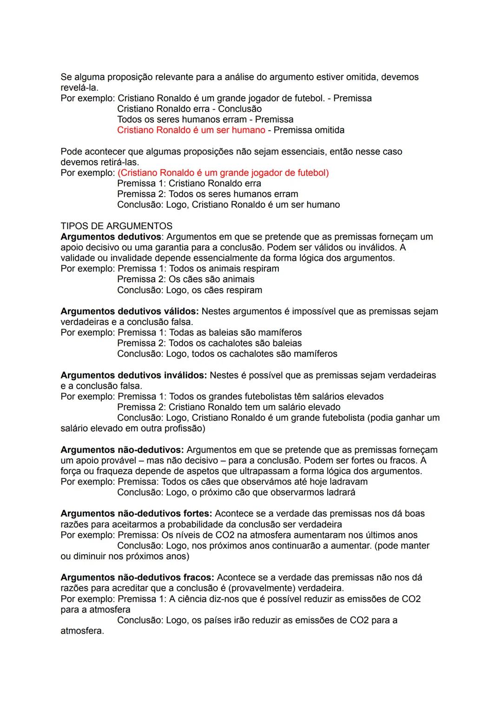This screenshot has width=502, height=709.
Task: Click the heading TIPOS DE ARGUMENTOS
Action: [116, 226]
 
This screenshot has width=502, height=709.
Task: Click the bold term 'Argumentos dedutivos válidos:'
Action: [129, 311]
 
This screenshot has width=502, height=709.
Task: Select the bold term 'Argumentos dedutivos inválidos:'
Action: [133, 375]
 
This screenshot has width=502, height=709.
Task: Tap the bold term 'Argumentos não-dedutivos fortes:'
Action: [136, 513]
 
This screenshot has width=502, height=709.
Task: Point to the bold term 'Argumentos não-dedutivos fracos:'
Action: [137, 577]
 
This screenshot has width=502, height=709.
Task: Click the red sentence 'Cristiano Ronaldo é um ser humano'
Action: [191, 130]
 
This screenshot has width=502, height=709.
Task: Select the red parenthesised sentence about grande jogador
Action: [223, 172]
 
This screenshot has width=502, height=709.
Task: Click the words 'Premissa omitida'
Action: [309, 130]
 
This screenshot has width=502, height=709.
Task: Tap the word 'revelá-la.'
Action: [79, 87]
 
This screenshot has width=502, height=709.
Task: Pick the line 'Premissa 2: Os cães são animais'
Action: [185, 279]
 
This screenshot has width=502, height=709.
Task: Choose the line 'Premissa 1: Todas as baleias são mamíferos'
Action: [209, 332]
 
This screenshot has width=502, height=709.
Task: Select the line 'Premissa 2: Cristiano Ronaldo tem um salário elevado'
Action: [229, 407]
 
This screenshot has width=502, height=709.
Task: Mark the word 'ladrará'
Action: [339, 492]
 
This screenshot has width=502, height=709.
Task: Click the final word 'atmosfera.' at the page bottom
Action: [82, 631]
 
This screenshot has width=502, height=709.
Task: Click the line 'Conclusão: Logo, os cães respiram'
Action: [189, 290]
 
